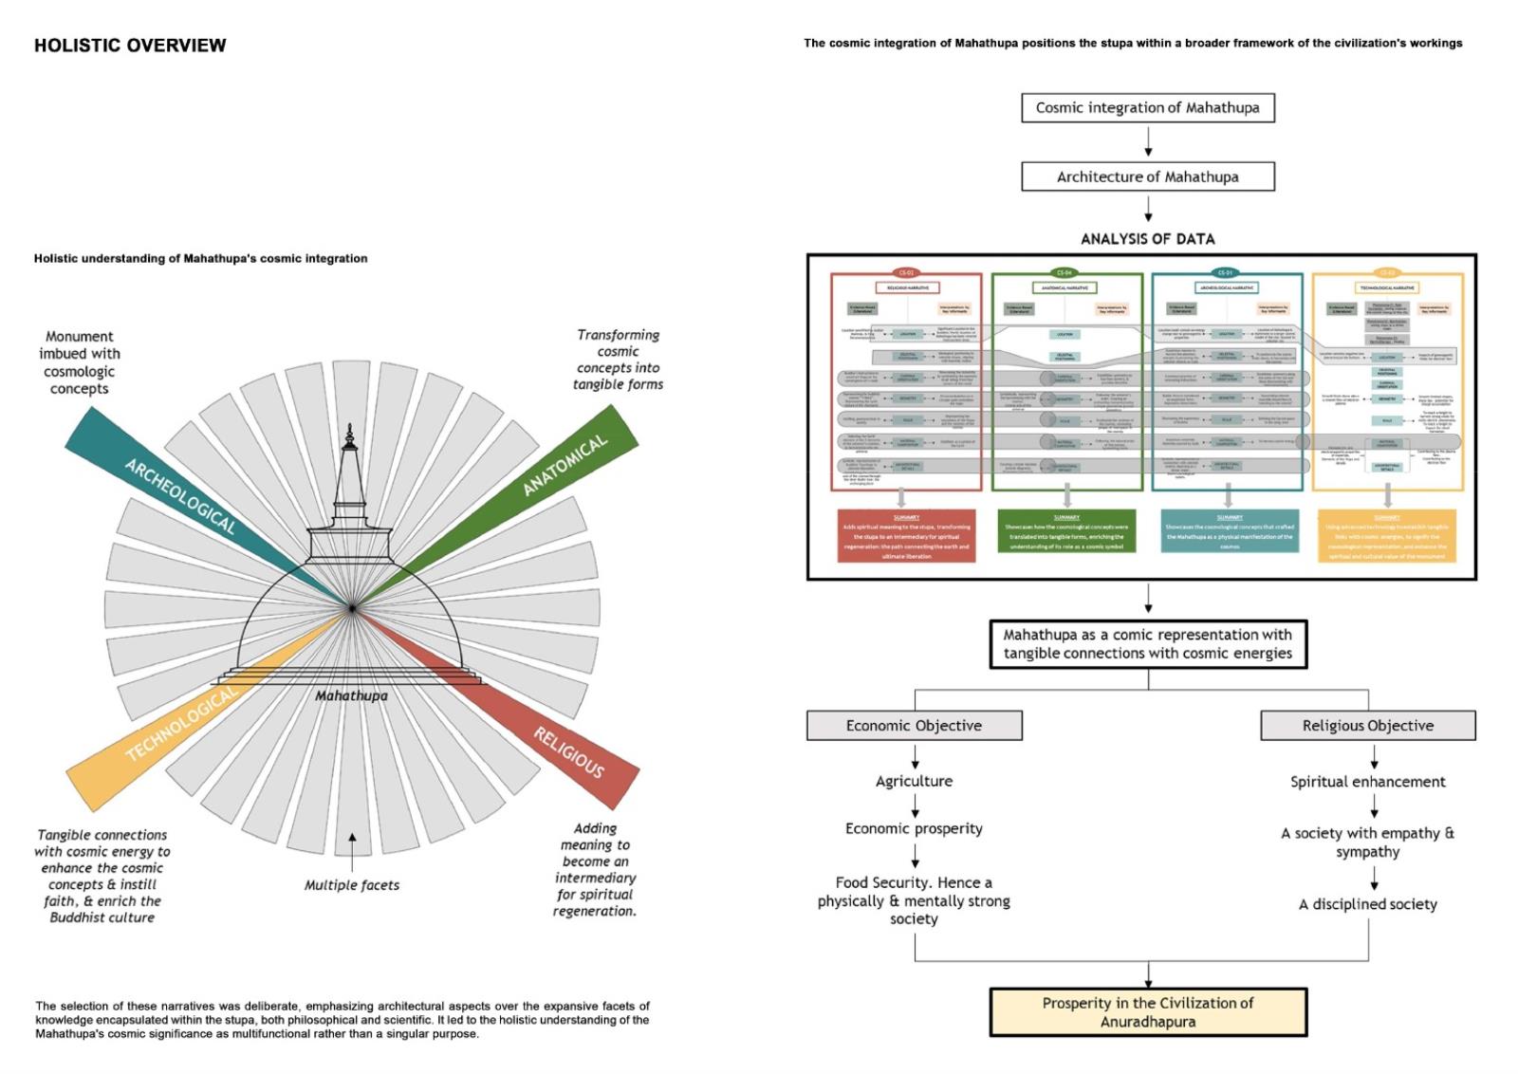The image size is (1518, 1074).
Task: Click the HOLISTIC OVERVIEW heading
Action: pos(130,46)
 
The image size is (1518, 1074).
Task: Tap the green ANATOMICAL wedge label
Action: pos(565,465)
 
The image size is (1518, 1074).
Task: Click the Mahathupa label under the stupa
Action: pos(351,695)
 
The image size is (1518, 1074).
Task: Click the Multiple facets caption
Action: pos(351,885)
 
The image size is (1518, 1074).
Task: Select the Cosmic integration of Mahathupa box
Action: pos(1147,108)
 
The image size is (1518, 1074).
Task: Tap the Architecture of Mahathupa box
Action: pos(1147,176)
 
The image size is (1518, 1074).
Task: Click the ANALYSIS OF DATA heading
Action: pos(1147,239)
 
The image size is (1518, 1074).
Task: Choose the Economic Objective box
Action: pos(914,726)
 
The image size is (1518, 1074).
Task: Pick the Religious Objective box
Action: pos(1367,726)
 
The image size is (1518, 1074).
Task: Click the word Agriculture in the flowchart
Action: pos(914,781)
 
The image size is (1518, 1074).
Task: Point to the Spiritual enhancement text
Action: pos(1367,782)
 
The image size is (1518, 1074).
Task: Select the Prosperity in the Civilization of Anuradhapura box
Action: pos(1147,1012)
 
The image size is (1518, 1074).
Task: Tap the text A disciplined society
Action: pos(1367,904)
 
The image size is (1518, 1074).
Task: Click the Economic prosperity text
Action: pos(914,828)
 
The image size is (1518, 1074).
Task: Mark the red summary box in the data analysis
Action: pos(906,537)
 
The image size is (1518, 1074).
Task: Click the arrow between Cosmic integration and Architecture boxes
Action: pos(1148,142)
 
